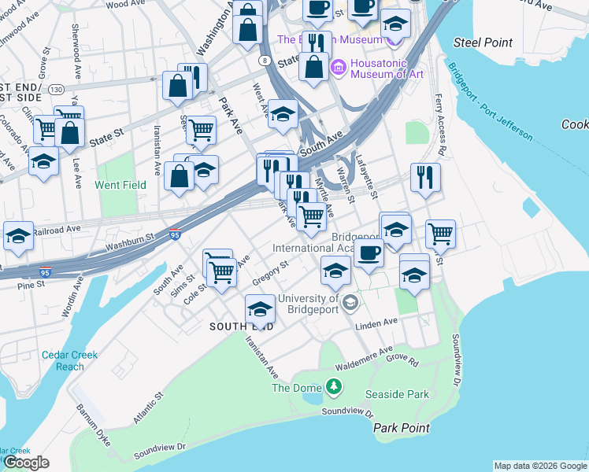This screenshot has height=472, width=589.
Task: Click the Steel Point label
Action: point(483,42)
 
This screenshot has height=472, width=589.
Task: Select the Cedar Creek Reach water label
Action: point(70,360)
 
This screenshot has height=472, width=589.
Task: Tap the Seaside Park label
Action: point(395,393)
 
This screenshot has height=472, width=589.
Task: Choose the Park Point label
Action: point(401,428)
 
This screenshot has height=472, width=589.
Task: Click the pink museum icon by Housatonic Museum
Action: point(339,66)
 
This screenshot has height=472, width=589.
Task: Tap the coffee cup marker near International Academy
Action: point(368,253)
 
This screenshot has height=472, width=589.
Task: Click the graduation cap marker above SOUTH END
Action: point(260,308)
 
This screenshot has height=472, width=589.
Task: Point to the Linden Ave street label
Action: point(378,323)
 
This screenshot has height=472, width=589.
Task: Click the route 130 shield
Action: point(56,89)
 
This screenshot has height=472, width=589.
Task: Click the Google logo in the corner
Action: point(27,463)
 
